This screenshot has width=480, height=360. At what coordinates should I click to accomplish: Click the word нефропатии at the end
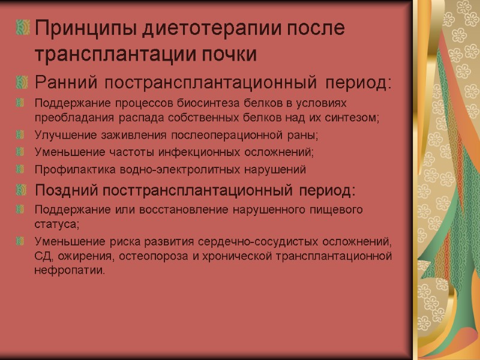70,271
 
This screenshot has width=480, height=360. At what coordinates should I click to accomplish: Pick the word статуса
57,224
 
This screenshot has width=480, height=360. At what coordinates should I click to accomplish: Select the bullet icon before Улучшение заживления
23,134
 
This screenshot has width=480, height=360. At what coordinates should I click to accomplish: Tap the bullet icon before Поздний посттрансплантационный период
23,191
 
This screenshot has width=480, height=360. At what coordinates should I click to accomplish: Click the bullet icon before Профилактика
23,170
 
